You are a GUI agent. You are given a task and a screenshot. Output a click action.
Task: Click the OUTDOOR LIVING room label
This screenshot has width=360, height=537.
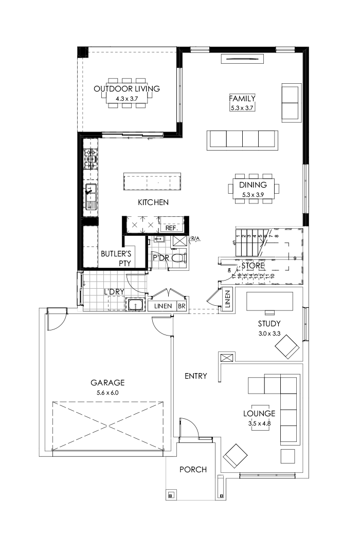[127, 89]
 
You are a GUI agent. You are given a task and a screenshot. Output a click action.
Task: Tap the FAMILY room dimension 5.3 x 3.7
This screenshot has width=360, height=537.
[242, 107]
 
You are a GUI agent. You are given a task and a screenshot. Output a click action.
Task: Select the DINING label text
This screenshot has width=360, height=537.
[253, 185]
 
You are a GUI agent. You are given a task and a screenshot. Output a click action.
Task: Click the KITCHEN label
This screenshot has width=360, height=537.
[153, 202]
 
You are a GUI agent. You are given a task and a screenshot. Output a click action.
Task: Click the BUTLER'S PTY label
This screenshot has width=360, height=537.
[116, 258]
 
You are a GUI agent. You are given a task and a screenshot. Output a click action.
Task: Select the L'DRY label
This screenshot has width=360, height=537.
[114, 292]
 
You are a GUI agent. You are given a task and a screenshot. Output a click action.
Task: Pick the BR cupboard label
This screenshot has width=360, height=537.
[182, 306]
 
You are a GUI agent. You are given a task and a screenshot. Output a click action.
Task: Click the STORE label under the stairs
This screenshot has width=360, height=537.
[252, 266]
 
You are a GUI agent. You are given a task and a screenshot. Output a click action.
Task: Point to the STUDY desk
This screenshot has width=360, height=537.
[269, 301]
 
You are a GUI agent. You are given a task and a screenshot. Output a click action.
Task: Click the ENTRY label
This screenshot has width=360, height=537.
[195, 376]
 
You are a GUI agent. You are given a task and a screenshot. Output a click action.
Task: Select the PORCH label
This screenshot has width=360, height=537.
[193, 469]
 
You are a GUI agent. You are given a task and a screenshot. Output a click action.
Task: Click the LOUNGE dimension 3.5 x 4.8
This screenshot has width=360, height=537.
[259, 424]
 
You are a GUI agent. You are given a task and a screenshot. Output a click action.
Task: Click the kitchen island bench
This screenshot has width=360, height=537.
[152, 182]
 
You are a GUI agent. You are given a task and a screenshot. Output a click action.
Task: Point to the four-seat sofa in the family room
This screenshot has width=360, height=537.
[242, 140]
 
